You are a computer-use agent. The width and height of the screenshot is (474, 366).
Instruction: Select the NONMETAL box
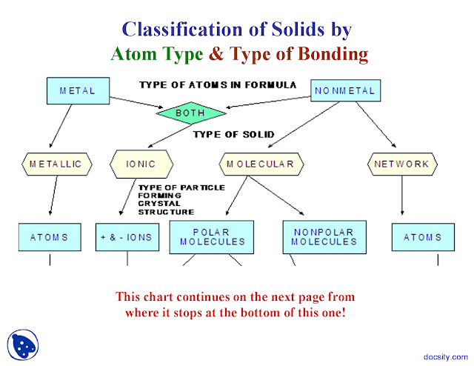click(x=345, y=91)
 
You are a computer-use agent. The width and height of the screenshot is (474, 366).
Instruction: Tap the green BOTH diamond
click(x=190, y=113)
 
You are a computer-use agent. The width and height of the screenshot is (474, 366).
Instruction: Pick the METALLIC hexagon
click(x=56, y=164)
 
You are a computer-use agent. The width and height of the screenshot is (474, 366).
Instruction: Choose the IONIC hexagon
click(x=142, y=164)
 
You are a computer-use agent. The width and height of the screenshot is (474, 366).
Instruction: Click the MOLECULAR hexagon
click(x=260, y=164)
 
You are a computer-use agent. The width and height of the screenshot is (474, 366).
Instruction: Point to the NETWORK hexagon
click(x=401, y=164)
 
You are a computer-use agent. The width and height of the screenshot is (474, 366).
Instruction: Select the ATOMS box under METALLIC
click(x=50, y=237)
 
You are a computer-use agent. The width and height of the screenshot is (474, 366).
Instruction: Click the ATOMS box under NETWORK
click(x=421, y=237)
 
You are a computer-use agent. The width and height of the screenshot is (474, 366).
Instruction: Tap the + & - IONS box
click(x=127, y=237)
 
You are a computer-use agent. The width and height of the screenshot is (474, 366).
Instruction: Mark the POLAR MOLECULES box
click(x=208, y=236)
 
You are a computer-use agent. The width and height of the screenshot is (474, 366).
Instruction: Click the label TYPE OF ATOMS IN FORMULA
click(x=218, y=85)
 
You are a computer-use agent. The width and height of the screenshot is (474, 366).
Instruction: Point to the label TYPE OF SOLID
click(x=233, y=134)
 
